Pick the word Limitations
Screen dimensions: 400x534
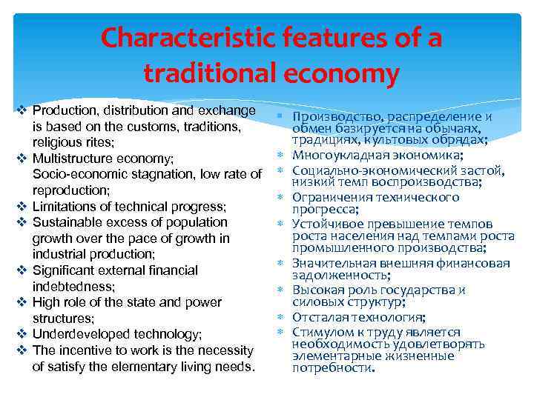click(62, 206)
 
